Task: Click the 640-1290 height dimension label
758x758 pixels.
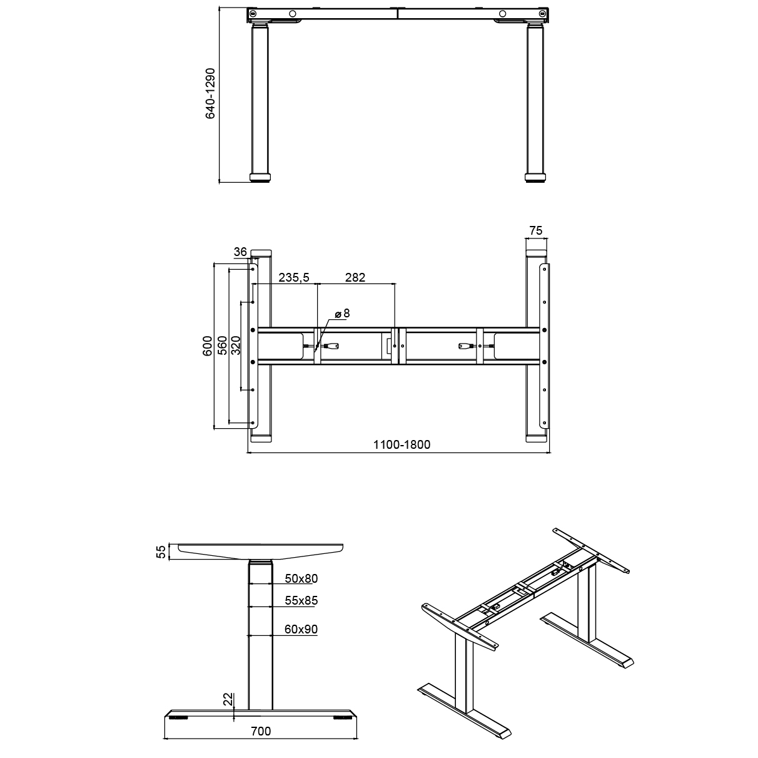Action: point(211,94)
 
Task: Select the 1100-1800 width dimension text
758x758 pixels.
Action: point(402,445)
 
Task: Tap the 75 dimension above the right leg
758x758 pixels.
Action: point(535,230)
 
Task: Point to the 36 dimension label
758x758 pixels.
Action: point(240,252)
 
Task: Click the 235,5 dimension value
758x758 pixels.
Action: point(294,277)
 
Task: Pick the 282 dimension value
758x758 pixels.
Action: point(355,277)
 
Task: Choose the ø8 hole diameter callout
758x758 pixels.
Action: point(341,313)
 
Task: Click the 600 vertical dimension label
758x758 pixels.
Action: point(207,345)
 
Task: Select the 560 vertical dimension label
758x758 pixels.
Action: point(222,345)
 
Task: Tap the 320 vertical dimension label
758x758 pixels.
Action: point(236,345)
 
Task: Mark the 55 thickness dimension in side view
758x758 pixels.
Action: point(161,551)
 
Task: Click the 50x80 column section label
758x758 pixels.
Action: point(301,578)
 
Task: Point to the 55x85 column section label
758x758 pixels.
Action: point(301,601)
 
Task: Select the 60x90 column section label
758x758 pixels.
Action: point(301,630)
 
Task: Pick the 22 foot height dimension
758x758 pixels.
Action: point(227,699)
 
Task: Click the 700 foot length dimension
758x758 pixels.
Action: point(261,731)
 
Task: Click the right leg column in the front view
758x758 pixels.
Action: point(535,100)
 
